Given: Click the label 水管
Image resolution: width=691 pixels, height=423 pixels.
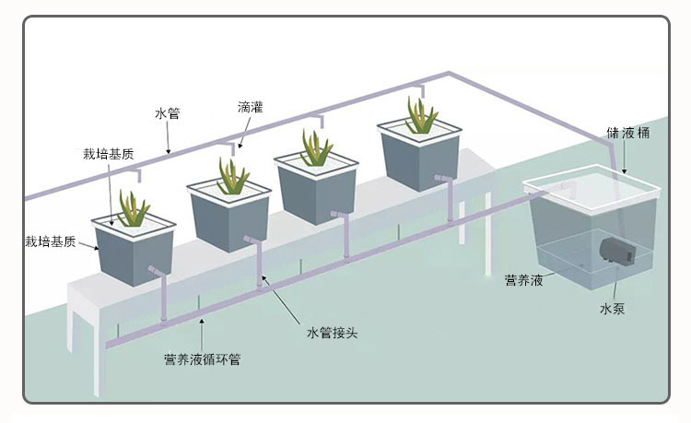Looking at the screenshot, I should [x=167, y=114].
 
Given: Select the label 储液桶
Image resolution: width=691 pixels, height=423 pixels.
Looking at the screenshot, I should [x=629, y=133].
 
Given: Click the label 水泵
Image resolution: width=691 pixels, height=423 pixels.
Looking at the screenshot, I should [x=613, y=309].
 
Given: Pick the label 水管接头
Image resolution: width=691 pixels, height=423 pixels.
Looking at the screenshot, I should [x=331, y=332].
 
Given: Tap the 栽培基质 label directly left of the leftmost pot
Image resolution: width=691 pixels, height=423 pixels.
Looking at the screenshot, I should [x=51, y=241].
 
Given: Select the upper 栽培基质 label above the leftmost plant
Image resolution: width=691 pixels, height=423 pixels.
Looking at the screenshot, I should [x=108, y=154].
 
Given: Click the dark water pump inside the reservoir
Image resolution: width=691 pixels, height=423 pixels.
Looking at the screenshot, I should [x=610, y=251].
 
